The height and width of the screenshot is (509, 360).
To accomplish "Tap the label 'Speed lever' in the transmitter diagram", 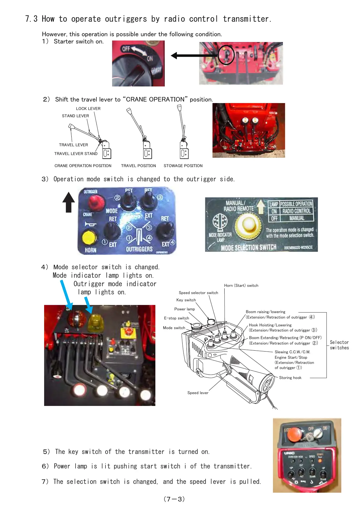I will click(198, 393).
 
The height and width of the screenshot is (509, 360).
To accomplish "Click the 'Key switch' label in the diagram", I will click(186, 300).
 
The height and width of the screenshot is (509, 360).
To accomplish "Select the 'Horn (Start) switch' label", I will click(241, 285).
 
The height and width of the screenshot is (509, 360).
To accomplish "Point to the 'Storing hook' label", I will click(290, 378).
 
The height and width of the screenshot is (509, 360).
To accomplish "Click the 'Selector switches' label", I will click(339, 345).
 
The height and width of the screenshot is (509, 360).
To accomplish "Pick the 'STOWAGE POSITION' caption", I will click(183, 166).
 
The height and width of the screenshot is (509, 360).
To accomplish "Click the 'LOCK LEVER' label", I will click(88, 109).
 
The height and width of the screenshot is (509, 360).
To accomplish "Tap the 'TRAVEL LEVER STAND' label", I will click(76, 154).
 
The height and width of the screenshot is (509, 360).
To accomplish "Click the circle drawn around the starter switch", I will click(226, 55).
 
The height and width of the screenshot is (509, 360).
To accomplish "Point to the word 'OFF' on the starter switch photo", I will click(126, 49).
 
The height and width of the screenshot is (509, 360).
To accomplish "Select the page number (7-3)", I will click(174, 499).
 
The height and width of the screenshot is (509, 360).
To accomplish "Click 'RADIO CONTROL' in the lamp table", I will click(296, 211).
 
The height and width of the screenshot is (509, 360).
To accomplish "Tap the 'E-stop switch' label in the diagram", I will click(177, 318).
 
